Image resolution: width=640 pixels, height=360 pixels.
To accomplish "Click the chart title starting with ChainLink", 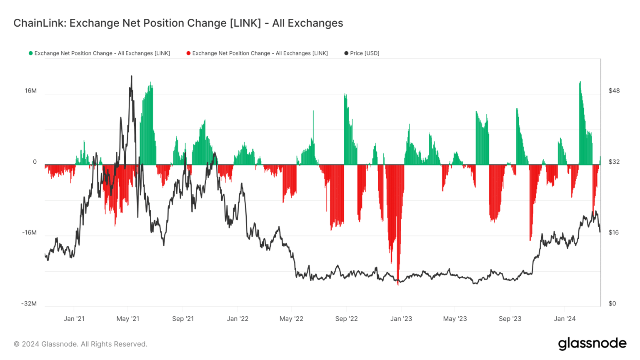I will click(x=178, y=23).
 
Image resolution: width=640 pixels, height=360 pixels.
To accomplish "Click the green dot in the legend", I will click(x=30, y=53).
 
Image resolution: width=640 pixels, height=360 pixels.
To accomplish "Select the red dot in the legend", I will click(x=188, y=53).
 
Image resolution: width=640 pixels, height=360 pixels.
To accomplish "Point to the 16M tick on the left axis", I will click(x=31, y=91).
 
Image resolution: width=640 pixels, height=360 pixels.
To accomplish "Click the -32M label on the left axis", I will click(x=29, y=303).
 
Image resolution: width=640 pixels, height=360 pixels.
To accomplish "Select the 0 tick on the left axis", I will click(x=35, y=162).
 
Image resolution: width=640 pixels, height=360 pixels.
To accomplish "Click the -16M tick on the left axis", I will click(x=29, y=232).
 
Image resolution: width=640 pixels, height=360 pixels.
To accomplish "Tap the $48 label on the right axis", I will click(x=614, y=91).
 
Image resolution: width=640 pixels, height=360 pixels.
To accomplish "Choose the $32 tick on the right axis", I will click(x=614, y=162).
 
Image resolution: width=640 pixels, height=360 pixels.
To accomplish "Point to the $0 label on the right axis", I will click(x=612, y=303).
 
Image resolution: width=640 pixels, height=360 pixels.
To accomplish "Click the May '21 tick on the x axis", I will click(x=128, y=319).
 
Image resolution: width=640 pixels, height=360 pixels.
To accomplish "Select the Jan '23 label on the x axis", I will click(x=401, y=319).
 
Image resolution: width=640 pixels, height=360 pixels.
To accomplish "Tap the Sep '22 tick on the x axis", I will click(x=346, y=319).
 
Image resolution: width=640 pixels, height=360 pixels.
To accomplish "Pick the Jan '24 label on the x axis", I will click(x=565, y=319).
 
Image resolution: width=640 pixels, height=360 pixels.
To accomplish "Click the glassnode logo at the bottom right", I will click(x=592, y=344).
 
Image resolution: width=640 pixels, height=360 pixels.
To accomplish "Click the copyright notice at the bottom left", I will click(x=80, y=344).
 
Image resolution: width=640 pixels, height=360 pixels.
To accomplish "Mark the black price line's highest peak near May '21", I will click(x=132, y=76).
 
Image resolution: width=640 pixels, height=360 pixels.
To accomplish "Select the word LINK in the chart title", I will click(x=245, y=23).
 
